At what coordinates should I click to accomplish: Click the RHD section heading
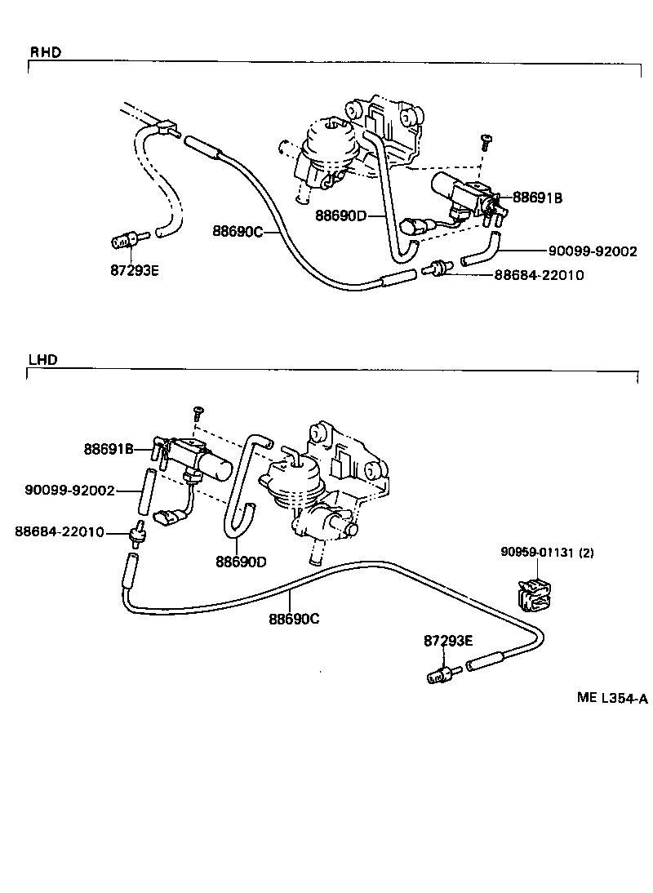[46, 53]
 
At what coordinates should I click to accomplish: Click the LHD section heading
[42, 359]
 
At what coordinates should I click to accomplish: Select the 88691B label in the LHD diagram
[108, 448]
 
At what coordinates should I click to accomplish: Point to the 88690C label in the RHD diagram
[238, 231]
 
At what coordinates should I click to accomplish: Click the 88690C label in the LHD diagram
[294, 619]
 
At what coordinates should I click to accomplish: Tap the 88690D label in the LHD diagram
[241, 562]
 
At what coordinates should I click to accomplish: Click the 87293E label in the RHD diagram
[134, 270]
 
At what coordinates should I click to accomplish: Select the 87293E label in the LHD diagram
[448, 641]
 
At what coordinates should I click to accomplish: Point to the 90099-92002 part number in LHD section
[69, 490]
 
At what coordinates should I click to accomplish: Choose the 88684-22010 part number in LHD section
[59, 531]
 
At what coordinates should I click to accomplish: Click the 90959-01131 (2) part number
[547, 553]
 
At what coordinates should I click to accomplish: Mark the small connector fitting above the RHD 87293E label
[125, 240]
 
